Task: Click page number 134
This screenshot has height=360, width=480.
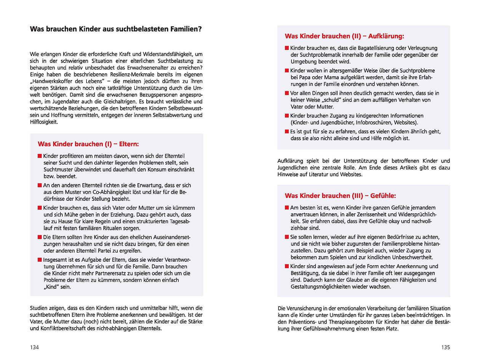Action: pos(34,347)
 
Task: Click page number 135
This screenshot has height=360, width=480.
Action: pos(445,347)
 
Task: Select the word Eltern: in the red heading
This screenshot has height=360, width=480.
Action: pos(129,144)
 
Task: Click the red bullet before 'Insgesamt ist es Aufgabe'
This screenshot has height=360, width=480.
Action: pos(40,260)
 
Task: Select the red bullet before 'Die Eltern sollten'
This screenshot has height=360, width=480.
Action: pos(40,237)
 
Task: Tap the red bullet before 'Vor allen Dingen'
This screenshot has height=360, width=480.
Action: pos(287,93)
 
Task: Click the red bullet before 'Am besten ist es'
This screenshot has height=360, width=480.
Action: pos(287,208)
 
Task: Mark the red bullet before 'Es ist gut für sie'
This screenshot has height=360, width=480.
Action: pos(287,131)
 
